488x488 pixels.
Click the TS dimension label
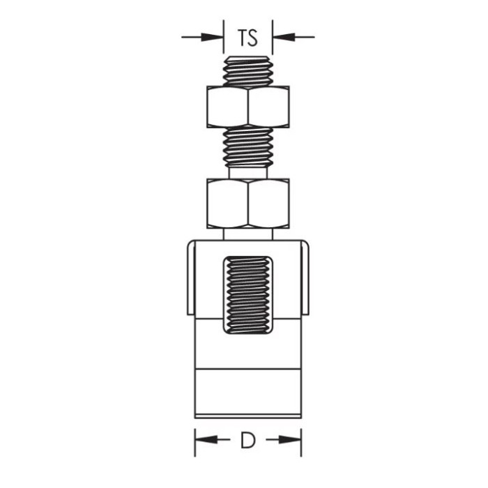[x=247, y=38]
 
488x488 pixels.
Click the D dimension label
[x=247, y=440]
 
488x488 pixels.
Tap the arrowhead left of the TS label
[x=212, y=38]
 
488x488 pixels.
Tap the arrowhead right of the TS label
[x=284, y=38]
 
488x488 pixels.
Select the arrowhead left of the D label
[x=206, y=440]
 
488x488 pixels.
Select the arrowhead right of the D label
[x=290, y=440]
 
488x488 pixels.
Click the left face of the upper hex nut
[x=227, y=107]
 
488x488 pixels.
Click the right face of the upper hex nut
[x=269, y=107]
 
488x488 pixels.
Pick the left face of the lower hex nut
[x=227, y=204]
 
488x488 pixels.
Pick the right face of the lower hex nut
[x=269, y=204]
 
